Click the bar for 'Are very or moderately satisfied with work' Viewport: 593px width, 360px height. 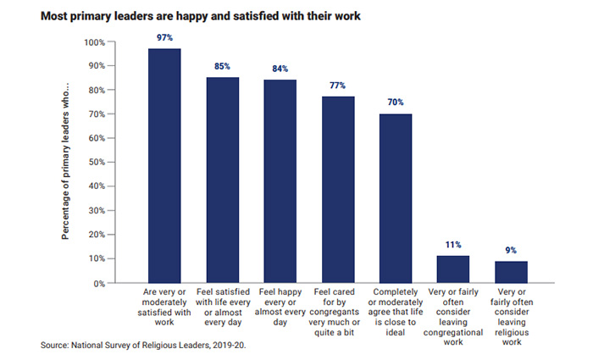point(164,165)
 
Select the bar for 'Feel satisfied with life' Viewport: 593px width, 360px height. point(223,180)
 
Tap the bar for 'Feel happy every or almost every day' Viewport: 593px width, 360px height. point(280,180)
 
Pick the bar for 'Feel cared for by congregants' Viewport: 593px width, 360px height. point(338,189)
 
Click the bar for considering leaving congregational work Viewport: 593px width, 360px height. point(453,269)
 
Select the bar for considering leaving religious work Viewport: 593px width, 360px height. point(511,271)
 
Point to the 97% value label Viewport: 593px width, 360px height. point(164,38)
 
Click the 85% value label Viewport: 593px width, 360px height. point(223,66)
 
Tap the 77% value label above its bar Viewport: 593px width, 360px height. point(338,86)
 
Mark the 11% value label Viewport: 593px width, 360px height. point(453,244)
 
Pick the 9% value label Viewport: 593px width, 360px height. point(511,250)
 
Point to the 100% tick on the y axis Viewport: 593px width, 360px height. point(94,42)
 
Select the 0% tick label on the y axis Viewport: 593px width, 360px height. point(98,282)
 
